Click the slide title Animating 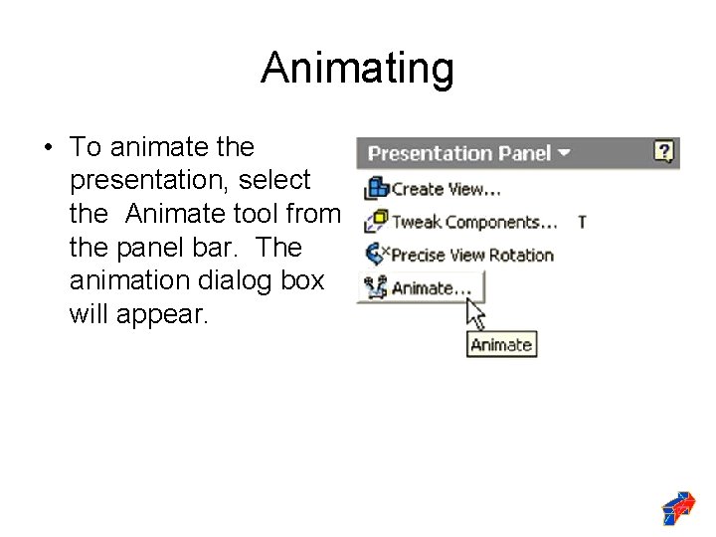[357, 69]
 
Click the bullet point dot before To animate [47, 148]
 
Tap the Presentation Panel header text [458, 153]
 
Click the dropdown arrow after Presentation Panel [565, 153]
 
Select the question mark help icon [664, 152]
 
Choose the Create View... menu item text [446, 188]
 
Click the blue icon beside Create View [377, 187]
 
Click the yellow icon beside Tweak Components [377, 221]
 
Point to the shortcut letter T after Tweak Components [582, 222]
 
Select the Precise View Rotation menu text [472, 255]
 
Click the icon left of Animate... [376, 288]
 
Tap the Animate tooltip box [501, 345]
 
